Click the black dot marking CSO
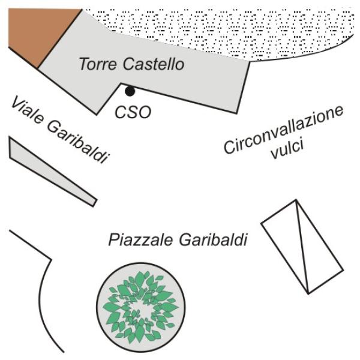130,91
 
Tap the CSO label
133,112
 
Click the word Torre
98,64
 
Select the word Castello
154,64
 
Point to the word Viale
27,110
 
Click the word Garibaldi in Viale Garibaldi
78,143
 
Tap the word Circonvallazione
284,130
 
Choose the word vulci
287,149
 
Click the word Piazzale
140,239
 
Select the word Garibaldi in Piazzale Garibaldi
213,239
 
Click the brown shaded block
40,34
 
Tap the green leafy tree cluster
140,307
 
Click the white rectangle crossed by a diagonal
302,247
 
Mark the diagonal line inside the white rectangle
302,247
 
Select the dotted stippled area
220,32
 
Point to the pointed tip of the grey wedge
95,203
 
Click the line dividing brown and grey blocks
59,39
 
